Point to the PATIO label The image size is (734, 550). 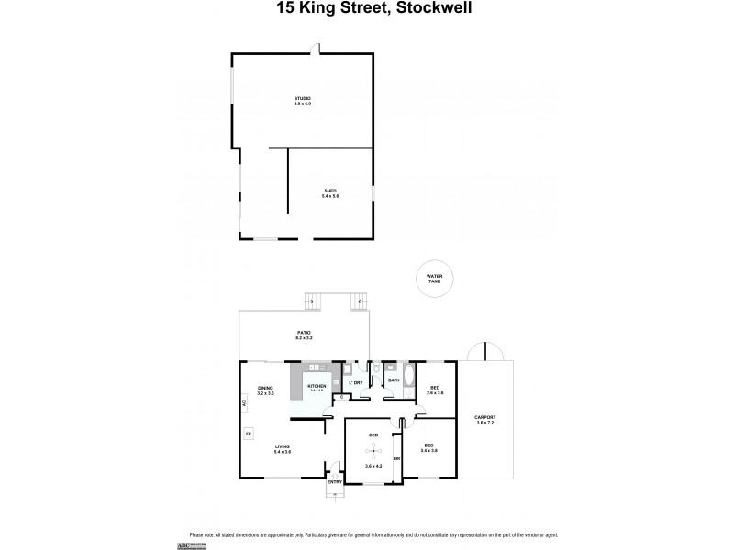point(304,335)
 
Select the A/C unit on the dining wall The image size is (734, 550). point(244,402)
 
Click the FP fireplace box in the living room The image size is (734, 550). point(247,433)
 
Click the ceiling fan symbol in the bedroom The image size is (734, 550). point(373,449)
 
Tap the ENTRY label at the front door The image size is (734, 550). point(335,482)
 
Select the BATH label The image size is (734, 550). point(394,379)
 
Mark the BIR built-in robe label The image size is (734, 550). point(396,459)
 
